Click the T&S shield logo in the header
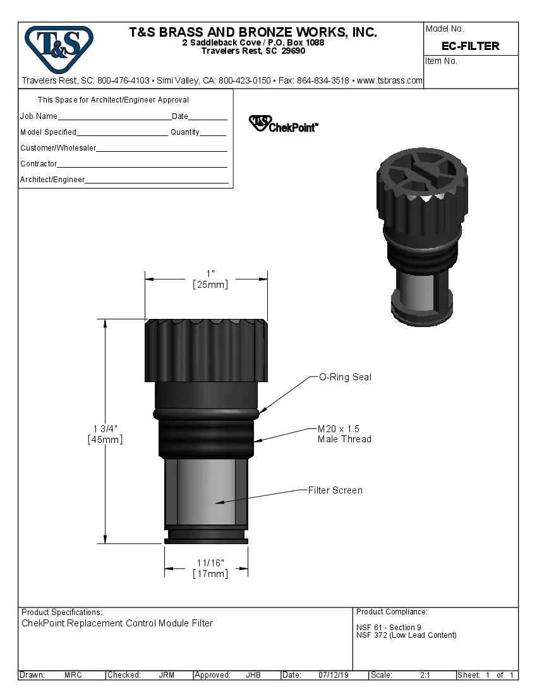coord(59,48)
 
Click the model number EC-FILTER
coord(471,46)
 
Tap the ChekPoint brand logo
coord(284,123)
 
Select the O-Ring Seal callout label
coord(345,377)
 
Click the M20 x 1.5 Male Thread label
coord(344,434)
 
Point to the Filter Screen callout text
coord(335,490)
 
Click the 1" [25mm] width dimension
coord(210,280)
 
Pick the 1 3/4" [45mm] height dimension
coord(105,433)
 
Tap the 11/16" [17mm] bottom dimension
coord(210,568)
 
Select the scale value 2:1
coord(425,675)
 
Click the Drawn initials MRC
coord(73,675)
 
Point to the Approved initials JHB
coord(253,675)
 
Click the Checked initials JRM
coord(166,675)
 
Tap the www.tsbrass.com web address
coord(390,81)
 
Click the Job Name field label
coord(39,116)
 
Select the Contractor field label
coord(39,164)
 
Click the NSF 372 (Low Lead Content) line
coord(406,635)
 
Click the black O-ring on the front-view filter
coord(206,413)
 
